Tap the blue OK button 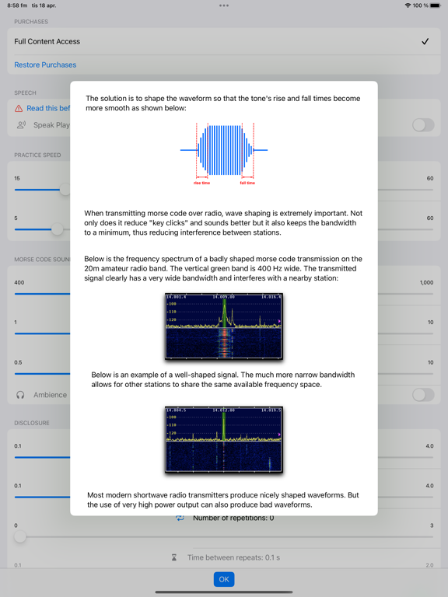(x=224, y=579)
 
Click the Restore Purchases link (x=45, y=65)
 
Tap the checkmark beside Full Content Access (x=425, y=42)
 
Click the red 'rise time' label (x=201, y=183)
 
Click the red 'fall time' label (x=247, y=183)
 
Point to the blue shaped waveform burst (x=224, y=149)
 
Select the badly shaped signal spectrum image (x=224, y=326)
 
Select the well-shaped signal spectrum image (x=224, y=439)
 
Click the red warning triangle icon (x=19, y=109)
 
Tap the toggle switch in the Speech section (x=422, y=125)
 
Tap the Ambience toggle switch (x=422, y=395)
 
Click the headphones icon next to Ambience (x=20, y=395)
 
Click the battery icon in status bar (x=439, y=5)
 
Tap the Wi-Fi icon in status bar (x=408, y=5)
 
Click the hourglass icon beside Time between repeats (x=174, y=557)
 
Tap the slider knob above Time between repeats (x=20, y=537)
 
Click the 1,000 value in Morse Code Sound (x=426, y=283)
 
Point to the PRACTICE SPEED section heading (x=37, y=155)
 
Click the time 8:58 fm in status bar (x=17, y=5)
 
